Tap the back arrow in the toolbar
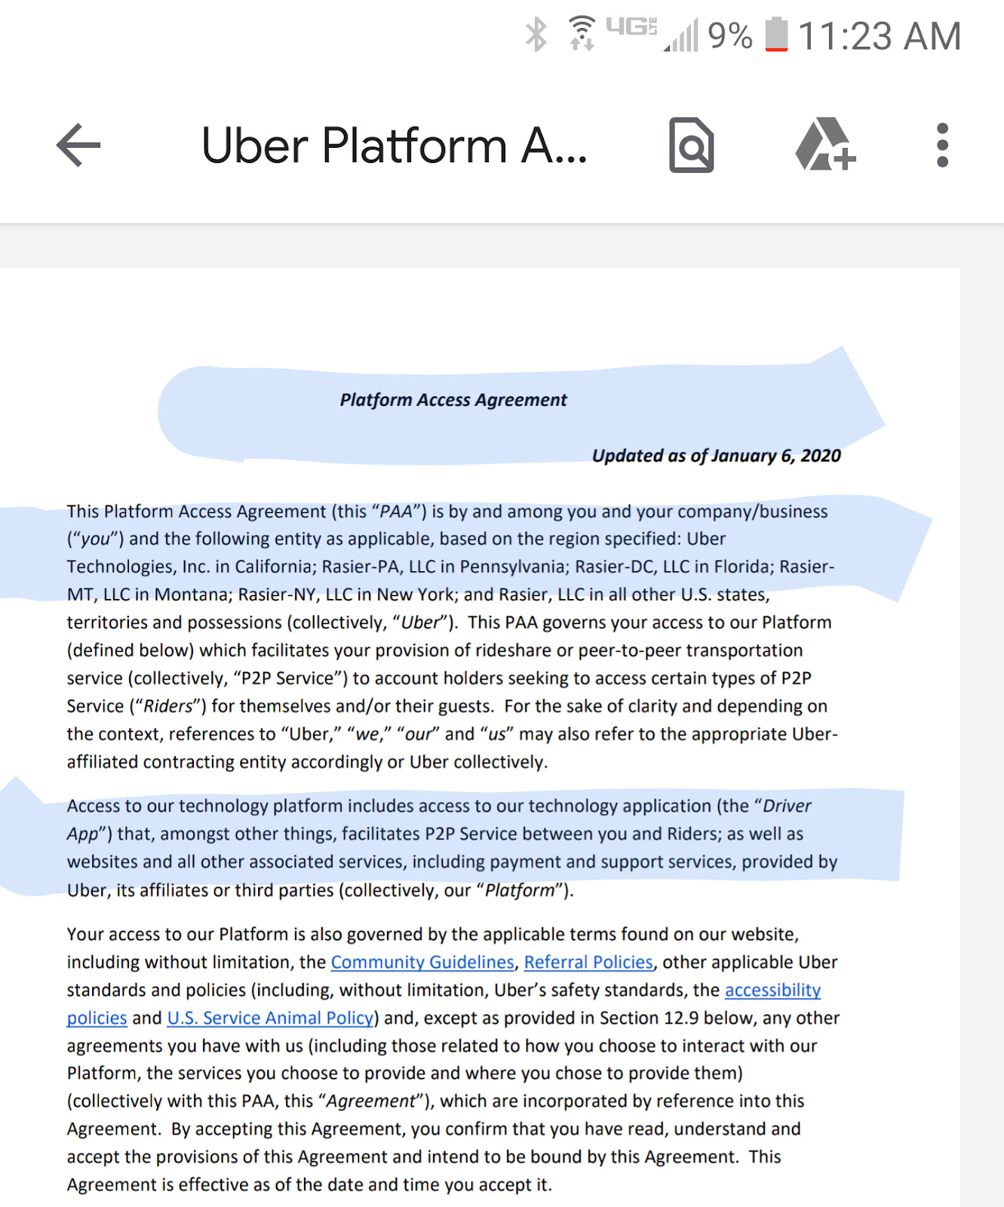coord(78,145)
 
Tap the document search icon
coord(691,145)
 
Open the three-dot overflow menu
coord(942,145)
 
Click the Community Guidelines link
coord(422,963)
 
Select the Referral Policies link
coord(588,963)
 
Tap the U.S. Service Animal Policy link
coord(270,1018)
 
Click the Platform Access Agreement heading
coord(453,400)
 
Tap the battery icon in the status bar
coord(776,35)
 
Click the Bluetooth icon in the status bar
coord(536,35)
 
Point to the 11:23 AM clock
coord(880,36)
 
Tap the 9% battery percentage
coord(729,36)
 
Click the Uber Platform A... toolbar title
coord(394,146)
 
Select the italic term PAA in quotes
coord(396,512)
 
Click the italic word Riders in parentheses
coord(168,707)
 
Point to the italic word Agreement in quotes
coord(370,1101)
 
